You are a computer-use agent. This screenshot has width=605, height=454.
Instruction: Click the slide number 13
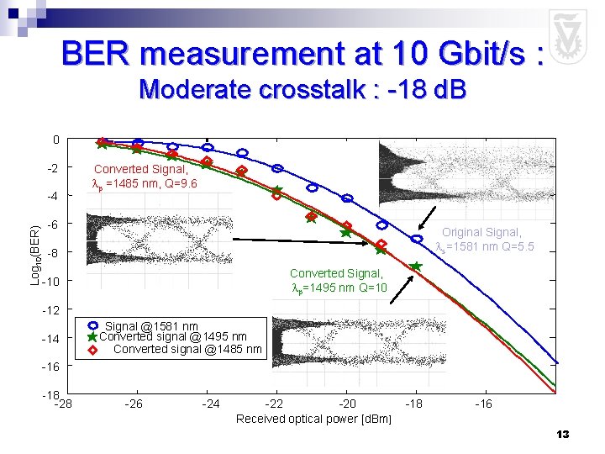point(562,435)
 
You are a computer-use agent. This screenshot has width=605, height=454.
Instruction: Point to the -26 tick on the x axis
point(133,404)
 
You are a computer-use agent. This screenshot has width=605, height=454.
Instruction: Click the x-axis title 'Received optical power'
point(313,419)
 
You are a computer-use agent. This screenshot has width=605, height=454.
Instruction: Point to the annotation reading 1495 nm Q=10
point(338,281)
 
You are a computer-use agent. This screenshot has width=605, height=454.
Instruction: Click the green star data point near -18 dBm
point(416,266)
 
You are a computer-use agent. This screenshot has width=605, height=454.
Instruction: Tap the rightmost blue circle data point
point(417,240)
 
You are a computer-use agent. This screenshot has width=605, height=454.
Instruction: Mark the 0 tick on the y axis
point(55,140)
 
